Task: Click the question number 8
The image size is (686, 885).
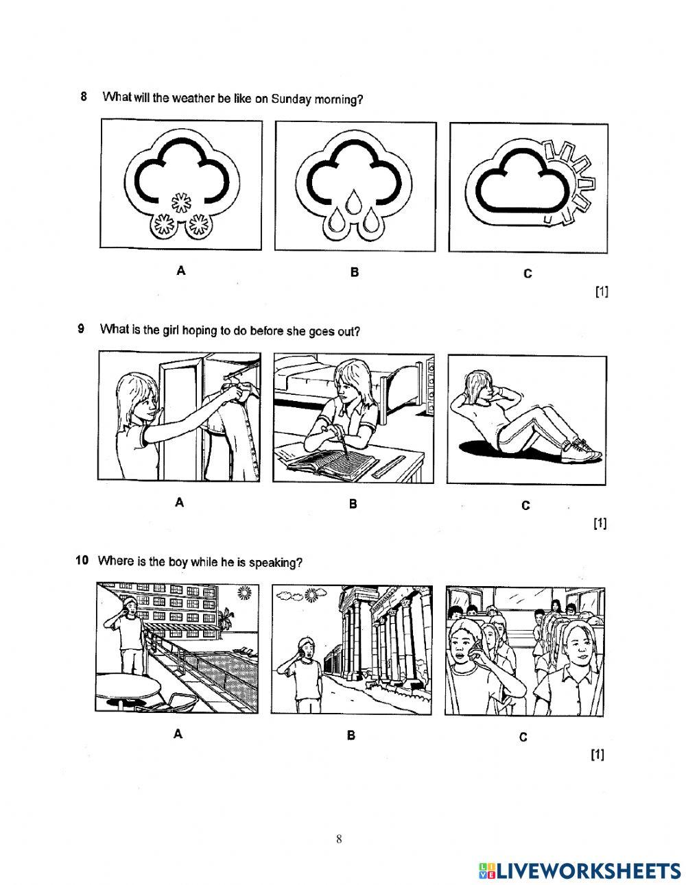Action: click(84, 96)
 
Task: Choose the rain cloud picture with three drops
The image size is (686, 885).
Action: click(355, 187)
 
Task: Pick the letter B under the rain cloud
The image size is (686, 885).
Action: click(355, 272)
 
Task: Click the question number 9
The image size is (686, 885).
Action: click(82, 329)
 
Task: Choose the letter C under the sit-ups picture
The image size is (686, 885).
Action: click(525, 505)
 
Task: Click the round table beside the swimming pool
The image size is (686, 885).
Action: click(128, 686)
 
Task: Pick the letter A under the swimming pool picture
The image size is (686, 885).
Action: click(178, 734)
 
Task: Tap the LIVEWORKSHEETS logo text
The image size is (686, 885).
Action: click(586, 871)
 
